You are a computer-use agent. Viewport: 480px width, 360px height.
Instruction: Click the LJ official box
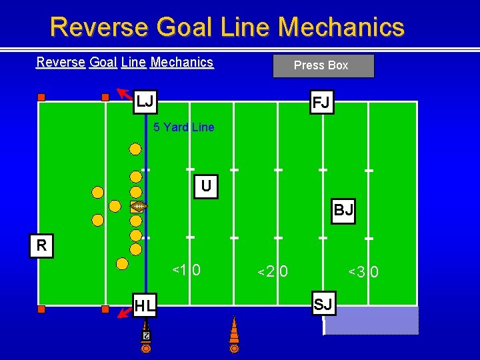(145, 102)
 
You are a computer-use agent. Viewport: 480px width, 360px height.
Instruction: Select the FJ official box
(322, 103)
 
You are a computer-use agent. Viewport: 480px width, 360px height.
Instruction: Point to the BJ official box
(343, 211)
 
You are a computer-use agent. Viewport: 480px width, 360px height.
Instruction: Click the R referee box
(41, 245)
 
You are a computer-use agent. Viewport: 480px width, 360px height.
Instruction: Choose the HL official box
(145, 306)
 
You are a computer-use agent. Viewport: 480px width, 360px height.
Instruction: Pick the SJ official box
(323, 305)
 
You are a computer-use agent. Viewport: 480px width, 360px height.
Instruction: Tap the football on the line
(138, 207)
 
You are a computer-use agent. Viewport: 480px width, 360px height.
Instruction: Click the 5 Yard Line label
(184, 127)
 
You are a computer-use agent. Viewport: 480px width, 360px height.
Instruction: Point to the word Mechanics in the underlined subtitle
(182, 62)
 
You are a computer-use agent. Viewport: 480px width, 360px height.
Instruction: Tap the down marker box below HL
(145, 335)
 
